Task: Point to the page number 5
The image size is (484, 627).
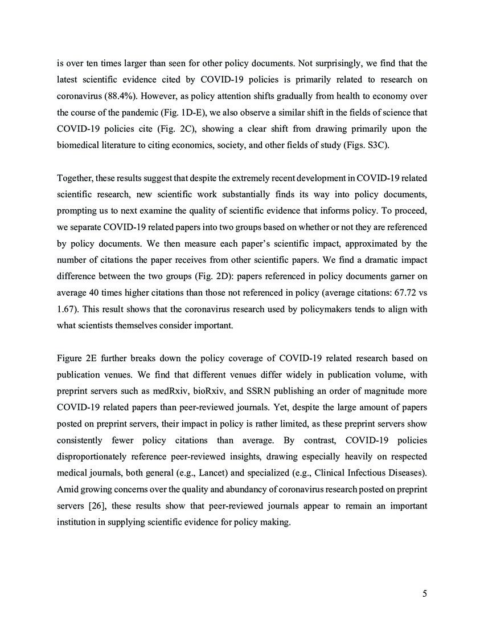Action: (425, 594)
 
